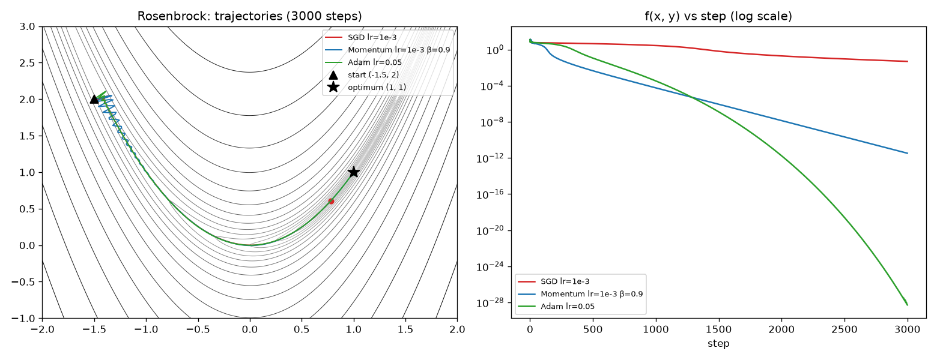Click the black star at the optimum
click(354, 172)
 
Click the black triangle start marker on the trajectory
click(94, 99)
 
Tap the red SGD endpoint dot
click(332, 201)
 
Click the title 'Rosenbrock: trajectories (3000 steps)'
click(250, 16)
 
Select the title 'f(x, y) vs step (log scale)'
click(718, 16)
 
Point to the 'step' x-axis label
click(718, 343)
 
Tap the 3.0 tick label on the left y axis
click(27, 27)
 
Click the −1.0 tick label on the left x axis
click(146, 329)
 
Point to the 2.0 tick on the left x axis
click(457, 329)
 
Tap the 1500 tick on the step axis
click(718, 329)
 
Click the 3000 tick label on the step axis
click(908, 329)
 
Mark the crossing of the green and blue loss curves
click(692, 98)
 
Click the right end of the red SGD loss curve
click(908, 61)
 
